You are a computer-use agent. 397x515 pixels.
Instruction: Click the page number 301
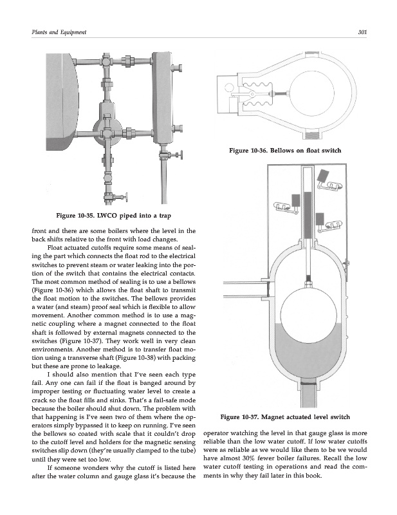[x=362, y=32]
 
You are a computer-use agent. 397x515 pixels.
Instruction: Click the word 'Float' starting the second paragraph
[x=59, y=246]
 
